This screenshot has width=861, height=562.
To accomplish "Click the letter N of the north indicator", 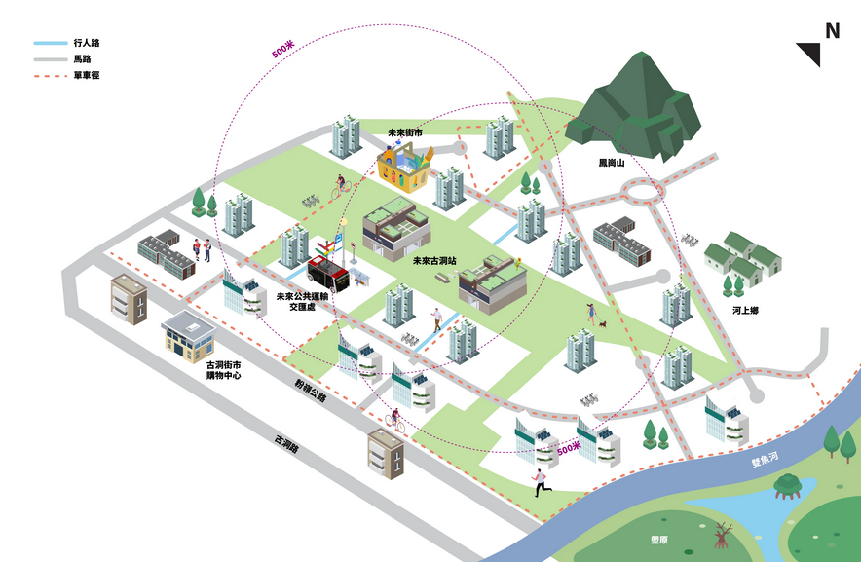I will coord(832,30).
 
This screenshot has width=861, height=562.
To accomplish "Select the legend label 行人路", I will coord(86,44).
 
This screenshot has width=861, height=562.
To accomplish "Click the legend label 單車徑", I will coord(86,75).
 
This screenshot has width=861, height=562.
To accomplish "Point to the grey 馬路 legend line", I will coord(49,59).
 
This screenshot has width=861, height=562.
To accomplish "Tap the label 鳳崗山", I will coord(612,163).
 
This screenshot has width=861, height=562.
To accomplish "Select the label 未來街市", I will coord(404,132).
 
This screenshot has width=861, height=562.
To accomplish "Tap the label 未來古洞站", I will coord(433,261).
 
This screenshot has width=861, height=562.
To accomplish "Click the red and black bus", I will coord(328,271).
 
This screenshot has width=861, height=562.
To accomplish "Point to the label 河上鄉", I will coord(745,310).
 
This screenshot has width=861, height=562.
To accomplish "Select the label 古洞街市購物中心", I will coord(223,369).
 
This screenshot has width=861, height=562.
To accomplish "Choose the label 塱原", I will coord(659,538).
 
